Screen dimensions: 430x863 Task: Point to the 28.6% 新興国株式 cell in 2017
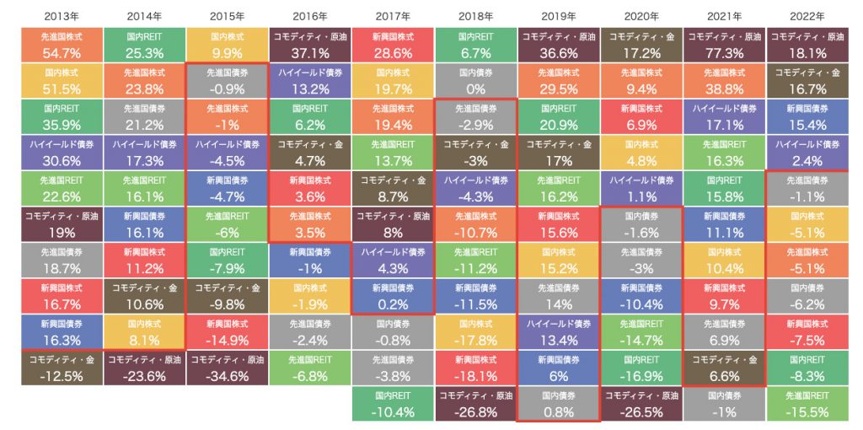(x=392, y=46)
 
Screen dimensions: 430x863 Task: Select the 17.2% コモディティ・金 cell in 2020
(x=641, y=46)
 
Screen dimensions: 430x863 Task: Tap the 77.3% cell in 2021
(x=724, y=46)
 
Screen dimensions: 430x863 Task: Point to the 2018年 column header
(x=475, y=16)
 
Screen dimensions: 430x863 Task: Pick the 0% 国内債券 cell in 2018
(x=475, y=81)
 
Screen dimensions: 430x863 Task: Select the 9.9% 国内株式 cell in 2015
(x=227, y=46)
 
